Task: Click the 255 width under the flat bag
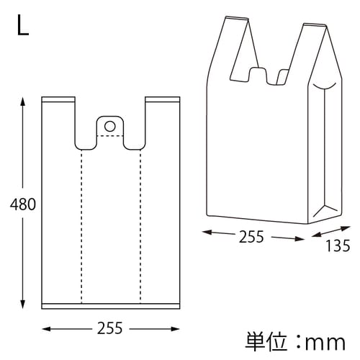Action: [x=109, y=329]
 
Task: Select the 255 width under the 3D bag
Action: [x=251, y=236]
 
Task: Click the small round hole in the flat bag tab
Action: [x=109, y=126]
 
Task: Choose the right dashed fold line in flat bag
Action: [x=140, y=223]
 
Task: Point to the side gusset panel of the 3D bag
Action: [x=325, y=151]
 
